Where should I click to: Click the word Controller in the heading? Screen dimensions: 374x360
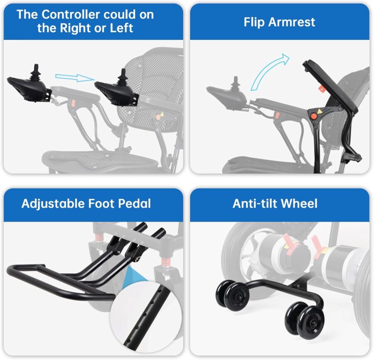(71, 15)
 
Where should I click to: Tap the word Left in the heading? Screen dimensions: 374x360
(121, 28)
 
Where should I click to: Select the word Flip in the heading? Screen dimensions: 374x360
(254, 22)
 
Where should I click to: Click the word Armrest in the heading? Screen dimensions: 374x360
(292, 22)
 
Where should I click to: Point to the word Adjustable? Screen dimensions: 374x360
(53, 204)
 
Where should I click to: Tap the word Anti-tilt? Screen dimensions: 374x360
(255, 204)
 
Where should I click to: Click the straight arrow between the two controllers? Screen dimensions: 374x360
(75, 77)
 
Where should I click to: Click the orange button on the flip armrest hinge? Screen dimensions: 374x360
(314, 116)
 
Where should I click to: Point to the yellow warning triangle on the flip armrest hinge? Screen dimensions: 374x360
(319, 111)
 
